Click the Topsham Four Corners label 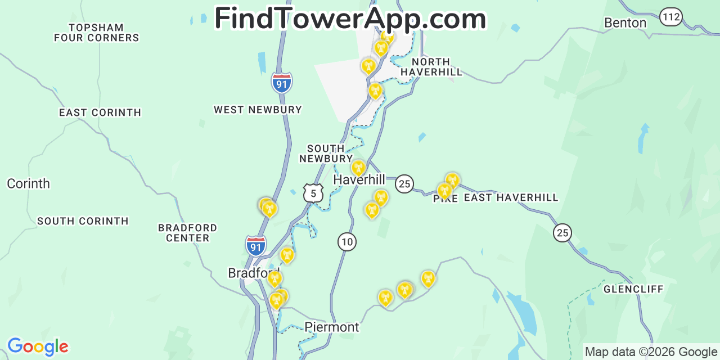(x=96, y=33)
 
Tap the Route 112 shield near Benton (x=671, y=17)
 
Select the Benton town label (x=625, y=23)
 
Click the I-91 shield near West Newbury (x=282, y=83)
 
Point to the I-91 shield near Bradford (x=256, y=246)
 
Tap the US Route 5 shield (x=313, y=193)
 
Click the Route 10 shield (x=347, y=242)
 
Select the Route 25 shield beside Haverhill (x=404, y=183)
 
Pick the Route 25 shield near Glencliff (x=562, y=232)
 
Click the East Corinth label (x=100, y=112)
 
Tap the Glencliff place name (x=633, y=289)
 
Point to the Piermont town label (x=331, y=327)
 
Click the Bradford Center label (x=187, y=233)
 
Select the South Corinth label (x=83, y=221)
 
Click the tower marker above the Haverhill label (x=358, y=168)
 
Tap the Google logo (x=38, y=346)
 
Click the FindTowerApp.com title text (x=350, y=19)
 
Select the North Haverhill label (x=431, y=67)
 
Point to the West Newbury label (x=258, y=110)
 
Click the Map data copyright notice (x=651, y=352)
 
